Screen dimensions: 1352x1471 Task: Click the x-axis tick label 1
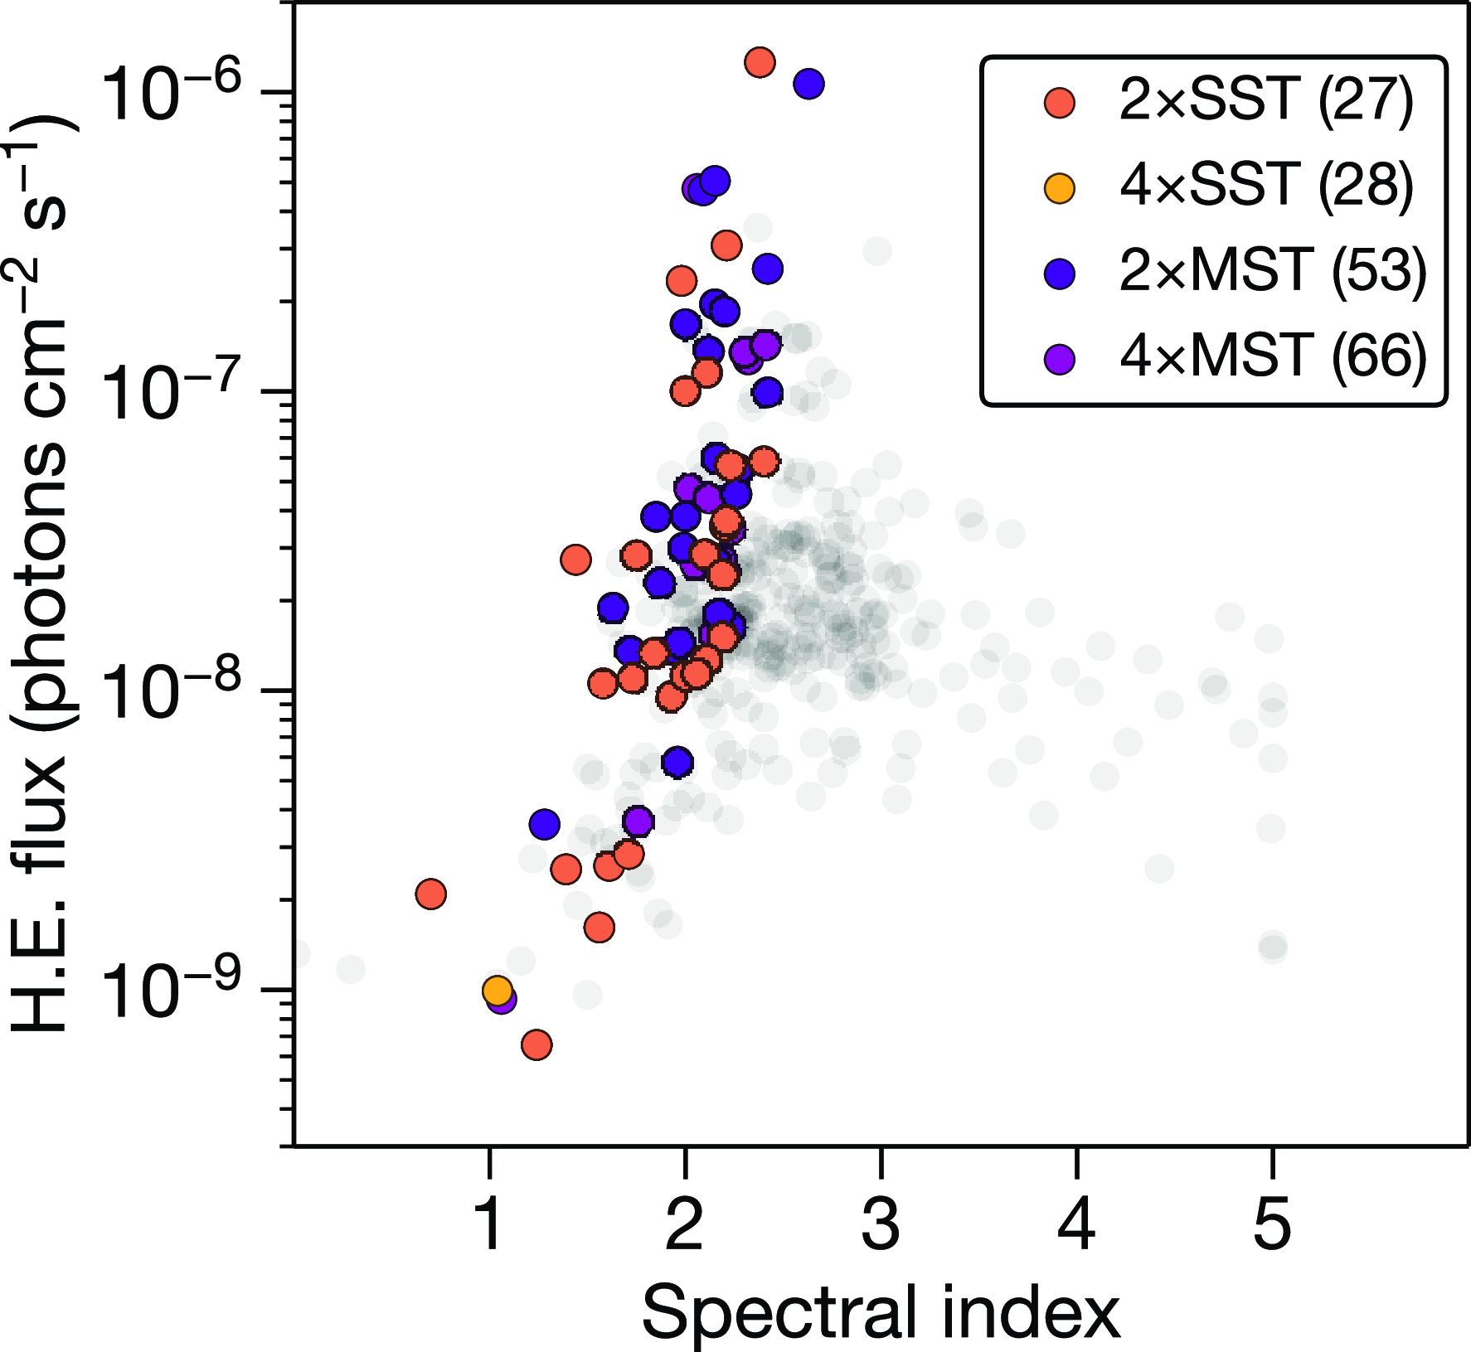tap(490, 1225)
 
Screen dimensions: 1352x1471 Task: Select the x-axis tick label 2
tap(685, 1225)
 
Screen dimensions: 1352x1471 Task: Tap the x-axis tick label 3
tap(881, 1225)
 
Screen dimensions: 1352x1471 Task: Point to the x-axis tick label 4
tap(1076, 1225)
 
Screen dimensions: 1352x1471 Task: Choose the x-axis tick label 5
tap(1272, 1225)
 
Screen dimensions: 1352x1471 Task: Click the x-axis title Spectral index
tap(881, 1311)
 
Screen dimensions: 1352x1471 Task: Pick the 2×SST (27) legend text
tap(1265, 101)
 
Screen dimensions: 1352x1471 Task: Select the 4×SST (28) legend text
tap(1265, 187)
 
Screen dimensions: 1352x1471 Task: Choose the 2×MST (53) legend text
tap(1272, 272)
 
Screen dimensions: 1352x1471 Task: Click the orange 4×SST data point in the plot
tap(497, 990)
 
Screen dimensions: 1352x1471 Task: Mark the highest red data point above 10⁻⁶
tap(760, 62)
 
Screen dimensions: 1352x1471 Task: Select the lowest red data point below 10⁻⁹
tap(537, 1045)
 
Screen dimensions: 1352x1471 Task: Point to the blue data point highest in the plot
tap(808, 83)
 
